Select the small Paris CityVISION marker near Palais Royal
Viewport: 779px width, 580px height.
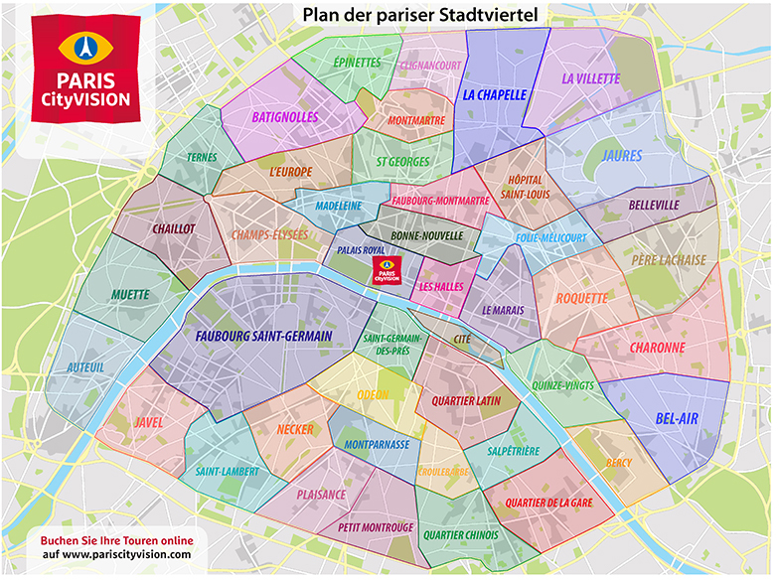tap(386, 270)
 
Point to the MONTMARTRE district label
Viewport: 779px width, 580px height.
tap(416, 121)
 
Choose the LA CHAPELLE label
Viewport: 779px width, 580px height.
tap(494, 95)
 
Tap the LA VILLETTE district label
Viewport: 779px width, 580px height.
tap(590, 78)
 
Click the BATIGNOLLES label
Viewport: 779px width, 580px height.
tap(284, 116)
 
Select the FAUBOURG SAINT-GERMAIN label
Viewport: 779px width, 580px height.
tap(263, 337)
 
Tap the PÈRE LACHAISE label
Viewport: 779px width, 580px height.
tap(669, 260)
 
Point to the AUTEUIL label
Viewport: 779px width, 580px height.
tap(84, 367)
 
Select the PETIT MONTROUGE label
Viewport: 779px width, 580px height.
tap(376, 527)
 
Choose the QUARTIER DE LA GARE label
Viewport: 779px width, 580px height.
tap(548, 503)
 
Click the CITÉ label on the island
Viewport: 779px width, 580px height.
tap(462, 340)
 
